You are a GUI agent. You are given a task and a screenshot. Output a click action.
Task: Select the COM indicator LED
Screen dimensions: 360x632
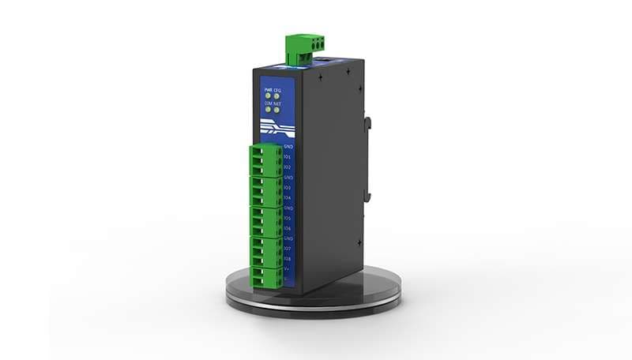tap(268, 110)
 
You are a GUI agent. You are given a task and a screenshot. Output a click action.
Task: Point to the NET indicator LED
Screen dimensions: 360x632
tap(277, 110)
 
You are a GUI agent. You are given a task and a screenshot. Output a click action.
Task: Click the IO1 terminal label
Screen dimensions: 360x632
tap(288, 157)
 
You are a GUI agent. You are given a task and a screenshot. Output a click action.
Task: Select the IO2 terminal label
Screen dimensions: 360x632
tap(288, 167)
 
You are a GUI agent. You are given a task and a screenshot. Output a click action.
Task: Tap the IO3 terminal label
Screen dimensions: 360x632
tap(288, 188)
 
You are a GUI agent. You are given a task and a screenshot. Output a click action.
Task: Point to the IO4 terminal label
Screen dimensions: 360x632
tap(288, 197)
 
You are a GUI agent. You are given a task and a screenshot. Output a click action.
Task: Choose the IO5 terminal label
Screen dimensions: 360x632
tap(288, 218)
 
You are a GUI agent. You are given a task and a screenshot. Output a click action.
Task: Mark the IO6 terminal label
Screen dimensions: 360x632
tap(288, 228)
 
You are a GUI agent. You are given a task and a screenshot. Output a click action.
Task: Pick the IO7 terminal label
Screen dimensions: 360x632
tap(288, 248)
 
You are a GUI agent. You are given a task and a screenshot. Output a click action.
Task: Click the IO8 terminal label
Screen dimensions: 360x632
tap(288, 258)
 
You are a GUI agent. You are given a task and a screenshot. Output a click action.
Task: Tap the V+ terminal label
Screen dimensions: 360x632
tap(287, 268)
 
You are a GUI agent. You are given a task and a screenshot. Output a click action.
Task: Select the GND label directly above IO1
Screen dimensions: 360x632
tap(288, 147)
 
